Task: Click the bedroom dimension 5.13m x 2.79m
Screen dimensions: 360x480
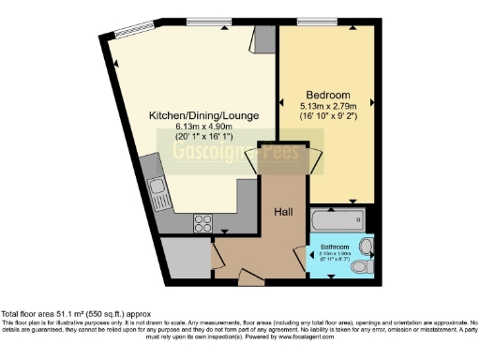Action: click(325, 107)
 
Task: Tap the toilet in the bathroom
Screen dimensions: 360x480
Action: click(358, 268)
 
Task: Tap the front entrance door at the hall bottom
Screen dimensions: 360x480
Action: click(251, 278)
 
